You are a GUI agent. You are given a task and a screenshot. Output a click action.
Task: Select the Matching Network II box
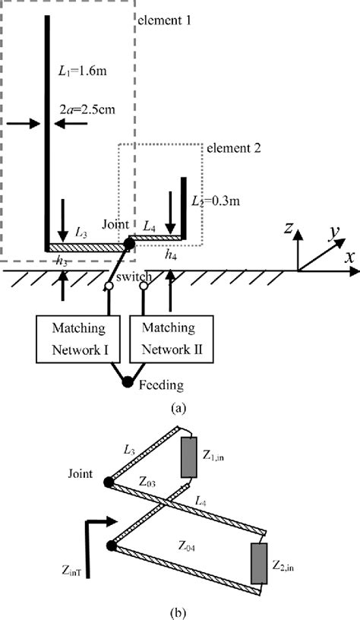coord(172,340)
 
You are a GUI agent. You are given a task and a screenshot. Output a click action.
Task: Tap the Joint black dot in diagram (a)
coord(130,243)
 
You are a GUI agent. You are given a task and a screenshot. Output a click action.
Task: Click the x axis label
coord(350,257)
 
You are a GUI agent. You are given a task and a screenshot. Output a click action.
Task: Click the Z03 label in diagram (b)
coord(149,482)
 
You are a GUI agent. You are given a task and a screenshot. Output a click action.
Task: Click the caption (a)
coord(178,407)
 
